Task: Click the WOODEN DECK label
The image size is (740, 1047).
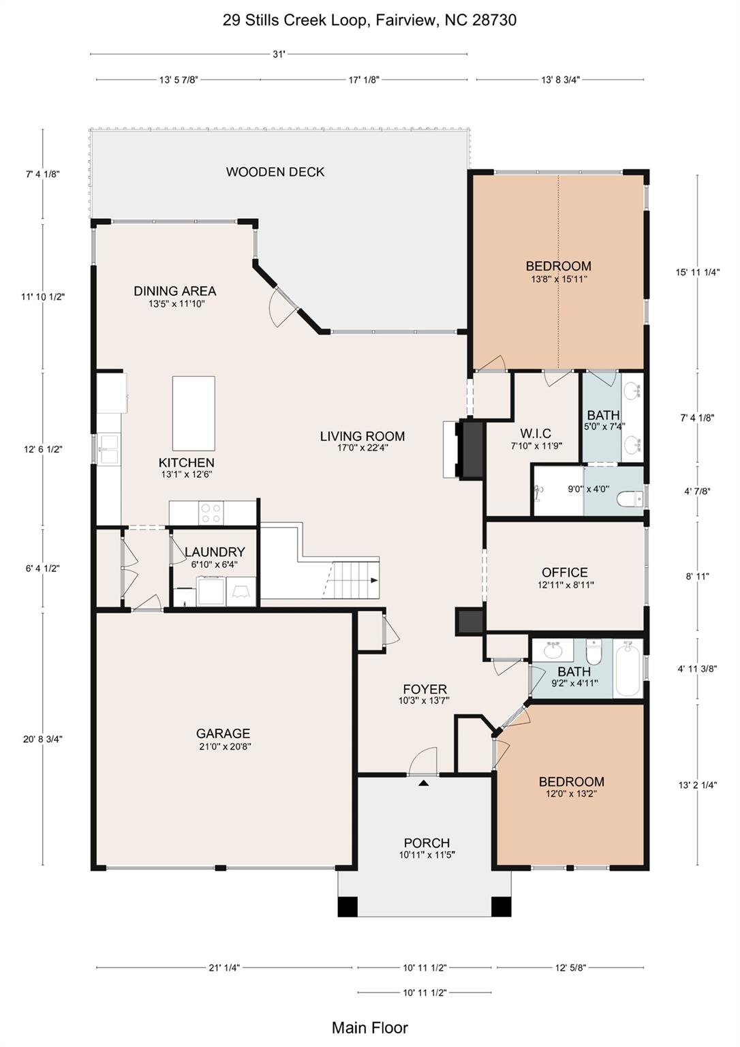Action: click(x=275, y=172)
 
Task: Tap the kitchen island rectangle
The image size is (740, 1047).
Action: click(x=194, y=413)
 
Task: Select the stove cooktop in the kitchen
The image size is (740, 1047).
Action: click(x=211, y=513)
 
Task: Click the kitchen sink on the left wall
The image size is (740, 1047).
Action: click(x=108, y=449)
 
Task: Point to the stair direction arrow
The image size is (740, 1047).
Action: click(x=374, y=581)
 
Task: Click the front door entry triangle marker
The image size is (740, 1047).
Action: click(x=423, y=783)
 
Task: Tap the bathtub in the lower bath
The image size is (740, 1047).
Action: click(x=628, y=669)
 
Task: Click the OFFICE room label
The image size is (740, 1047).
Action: click(x=565, y=573)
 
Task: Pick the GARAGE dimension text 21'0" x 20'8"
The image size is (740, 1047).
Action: click(x=223, y=746)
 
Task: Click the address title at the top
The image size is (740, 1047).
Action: click(x=369, y=20)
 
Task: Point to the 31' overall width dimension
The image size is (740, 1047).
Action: click(x=279, y=55)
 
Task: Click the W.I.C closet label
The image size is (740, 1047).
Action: click(x=536, y=434)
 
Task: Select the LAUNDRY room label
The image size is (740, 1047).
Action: click(x=215, y=552)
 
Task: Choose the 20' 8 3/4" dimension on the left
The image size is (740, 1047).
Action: click(x=43, y=739)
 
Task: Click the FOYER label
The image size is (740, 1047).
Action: click(x=425, y=689)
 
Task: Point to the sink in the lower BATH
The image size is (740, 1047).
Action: click(x=553, y=649)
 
